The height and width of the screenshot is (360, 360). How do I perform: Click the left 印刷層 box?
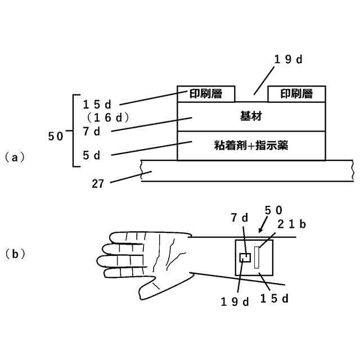tap(206, 94)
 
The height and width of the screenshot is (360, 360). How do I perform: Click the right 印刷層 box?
tap(296, 94)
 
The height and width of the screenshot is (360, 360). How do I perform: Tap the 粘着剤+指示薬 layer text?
tap(251, 146)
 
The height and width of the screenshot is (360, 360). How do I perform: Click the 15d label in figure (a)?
tap(98, 104)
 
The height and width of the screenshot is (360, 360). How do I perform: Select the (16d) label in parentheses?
tap(109, 118)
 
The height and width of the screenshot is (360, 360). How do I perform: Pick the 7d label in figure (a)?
tap(91, 132)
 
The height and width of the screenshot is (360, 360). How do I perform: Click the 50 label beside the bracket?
tap(56, 136)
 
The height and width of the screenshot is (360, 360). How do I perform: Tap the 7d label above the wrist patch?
tap(240, 217)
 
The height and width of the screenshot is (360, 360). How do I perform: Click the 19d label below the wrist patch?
tap(234, 301)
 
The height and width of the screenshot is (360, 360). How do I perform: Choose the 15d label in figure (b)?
tap(274, 299)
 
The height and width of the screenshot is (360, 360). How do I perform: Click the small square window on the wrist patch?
tap(245, 258)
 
